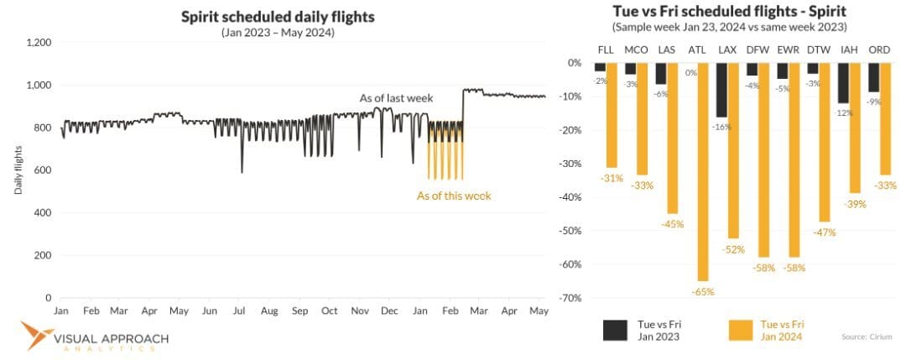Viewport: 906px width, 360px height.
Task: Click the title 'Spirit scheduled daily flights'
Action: [x=277, y=17]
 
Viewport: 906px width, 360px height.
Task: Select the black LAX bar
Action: [x=721, y=89]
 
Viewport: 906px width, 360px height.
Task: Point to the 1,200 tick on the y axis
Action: [x=39, y=42]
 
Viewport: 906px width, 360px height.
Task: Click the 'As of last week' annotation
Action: [x=396, y=98]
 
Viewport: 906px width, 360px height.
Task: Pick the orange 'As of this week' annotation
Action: [x=454, y=196]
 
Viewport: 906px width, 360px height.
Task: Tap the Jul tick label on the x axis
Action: [x=238, y=310]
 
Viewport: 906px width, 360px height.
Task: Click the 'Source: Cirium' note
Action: [x=865, y=337]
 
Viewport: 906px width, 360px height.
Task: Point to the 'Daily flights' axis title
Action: [x=18, y=170]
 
